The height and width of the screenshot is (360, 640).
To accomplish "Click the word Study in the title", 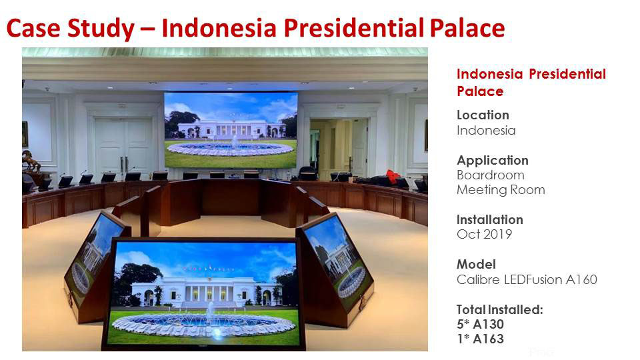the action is pos(101,29).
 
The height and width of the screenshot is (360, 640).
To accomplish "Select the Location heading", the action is pos(483,115).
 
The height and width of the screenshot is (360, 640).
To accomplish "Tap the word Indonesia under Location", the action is pos(486,130).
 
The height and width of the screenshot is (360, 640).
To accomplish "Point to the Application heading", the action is pos(493,161).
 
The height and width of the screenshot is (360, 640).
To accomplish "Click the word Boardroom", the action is pos(491,175).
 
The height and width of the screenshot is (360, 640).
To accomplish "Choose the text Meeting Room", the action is pos(501,190).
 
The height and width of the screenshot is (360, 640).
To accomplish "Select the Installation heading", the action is pos(490,219).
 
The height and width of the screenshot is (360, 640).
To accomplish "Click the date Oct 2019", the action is pos(485,234).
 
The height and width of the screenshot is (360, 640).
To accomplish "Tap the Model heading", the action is pos(476,264).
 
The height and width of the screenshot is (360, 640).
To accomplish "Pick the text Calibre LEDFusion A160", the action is pos(527,279).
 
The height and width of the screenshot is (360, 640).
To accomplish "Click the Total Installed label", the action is pos(500,309).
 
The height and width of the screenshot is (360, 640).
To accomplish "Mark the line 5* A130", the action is pos(481,324).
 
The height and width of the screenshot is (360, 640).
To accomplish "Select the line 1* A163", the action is pos(481,339).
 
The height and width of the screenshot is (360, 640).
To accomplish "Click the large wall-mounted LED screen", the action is pos(231,130).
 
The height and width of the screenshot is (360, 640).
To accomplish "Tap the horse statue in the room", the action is pos(31,161).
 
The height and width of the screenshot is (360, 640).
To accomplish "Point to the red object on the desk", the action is pos(393,177).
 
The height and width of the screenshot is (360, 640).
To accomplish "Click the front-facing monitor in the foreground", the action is pos(204,293).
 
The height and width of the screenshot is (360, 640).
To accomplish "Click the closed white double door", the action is pos(124,147).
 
